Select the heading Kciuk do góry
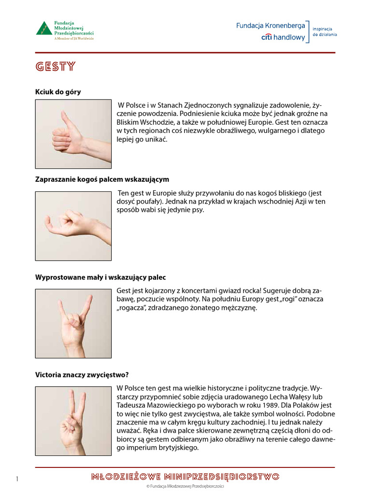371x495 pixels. tap(58, 92)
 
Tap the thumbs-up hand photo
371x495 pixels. tap(73, 134)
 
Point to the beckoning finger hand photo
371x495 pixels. tap(73, 226)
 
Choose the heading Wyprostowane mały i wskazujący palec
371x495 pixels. tap(100, 277)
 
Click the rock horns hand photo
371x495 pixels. tap(73, 323)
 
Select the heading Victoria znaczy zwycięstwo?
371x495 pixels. tap(82, 375)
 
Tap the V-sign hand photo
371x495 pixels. tap(73, 421)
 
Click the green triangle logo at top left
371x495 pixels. tap(44, 28)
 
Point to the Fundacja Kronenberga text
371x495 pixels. tap(270, 26)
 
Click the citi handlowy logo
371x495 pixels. tap(283, 37)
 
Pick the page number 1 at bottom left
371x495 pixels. tap(17, 479)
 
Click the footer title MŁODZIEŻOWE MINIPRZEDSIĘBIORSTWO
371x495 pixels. tap(185, 477)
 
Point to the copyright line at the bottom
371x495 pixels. tap(185, 487)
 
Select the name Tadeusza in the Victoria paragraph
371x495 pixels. tap(133, 405)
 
